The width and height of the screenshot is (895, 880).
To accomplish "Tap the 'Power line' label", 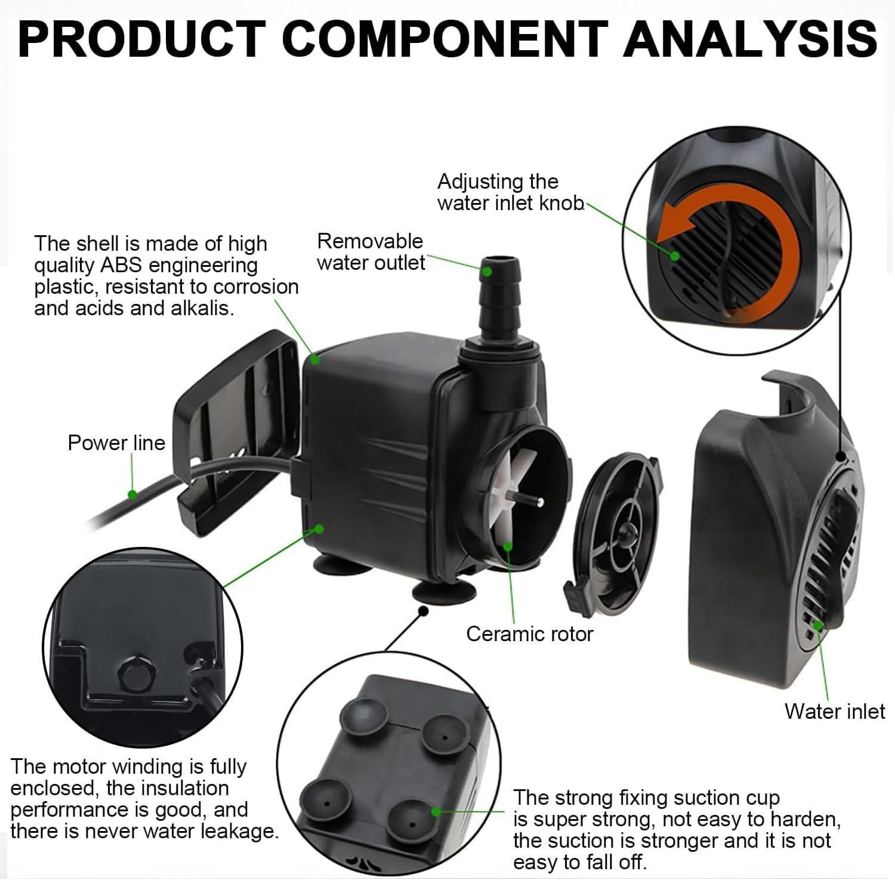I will pos(116,443).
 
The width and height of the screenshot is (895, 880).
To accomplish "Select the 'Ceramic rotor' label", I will pos(530,634).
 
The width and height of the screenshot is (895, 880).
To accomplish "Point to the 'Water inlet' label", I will pos(835,712).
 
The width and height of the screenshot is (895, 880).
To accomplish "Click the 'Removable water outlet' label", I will pos(371,252).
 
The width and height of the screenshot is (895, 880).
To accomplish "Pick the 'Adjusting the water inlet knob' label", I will pos(510,192).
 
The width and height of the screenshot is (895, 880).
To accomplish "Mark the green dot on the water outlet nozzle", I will pos(487,271).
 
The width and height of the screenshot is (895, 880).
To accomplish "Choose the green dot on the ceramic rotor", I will pos(507,545).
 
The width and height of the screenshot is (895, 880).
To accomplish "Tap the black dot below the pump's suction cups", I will pos(424,611).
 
